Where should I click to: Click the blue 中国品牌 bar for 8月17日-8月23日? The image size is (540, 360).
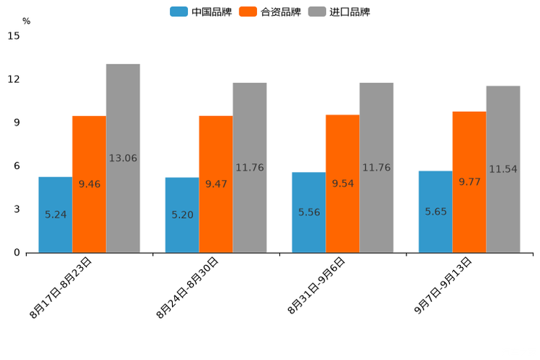point(55,215)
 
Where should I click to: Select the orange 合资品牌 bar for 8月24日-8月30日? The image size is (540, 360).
point(216,184)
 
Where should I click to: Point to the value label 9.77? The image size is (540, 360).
point(470,181)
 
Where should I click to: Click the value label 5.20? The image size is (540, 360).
point(182,215)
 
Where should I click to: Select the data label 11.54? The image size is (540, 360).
point(503,169)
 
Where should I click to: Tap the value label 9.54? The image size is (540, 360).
point(343,184)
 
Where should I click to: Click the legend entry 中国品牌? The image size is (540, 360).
point(201,12)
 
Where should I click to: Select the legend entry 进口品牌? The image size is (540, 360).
point(340,12)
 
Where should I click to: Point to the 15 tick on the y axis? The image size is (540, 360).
point(15,36)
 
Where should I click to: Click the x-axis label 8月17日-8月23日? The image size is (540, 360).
point(61,287)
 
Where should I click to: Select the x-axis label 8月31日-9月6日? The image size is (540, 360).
point(316,286)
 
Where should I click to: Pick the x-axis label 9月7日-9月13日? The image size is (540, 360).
point(443,286)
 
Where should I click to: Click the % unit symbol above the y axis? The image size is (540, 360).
point(26,21)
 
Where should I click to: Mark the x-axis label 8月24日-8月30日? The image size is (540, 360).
point(187,287)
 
